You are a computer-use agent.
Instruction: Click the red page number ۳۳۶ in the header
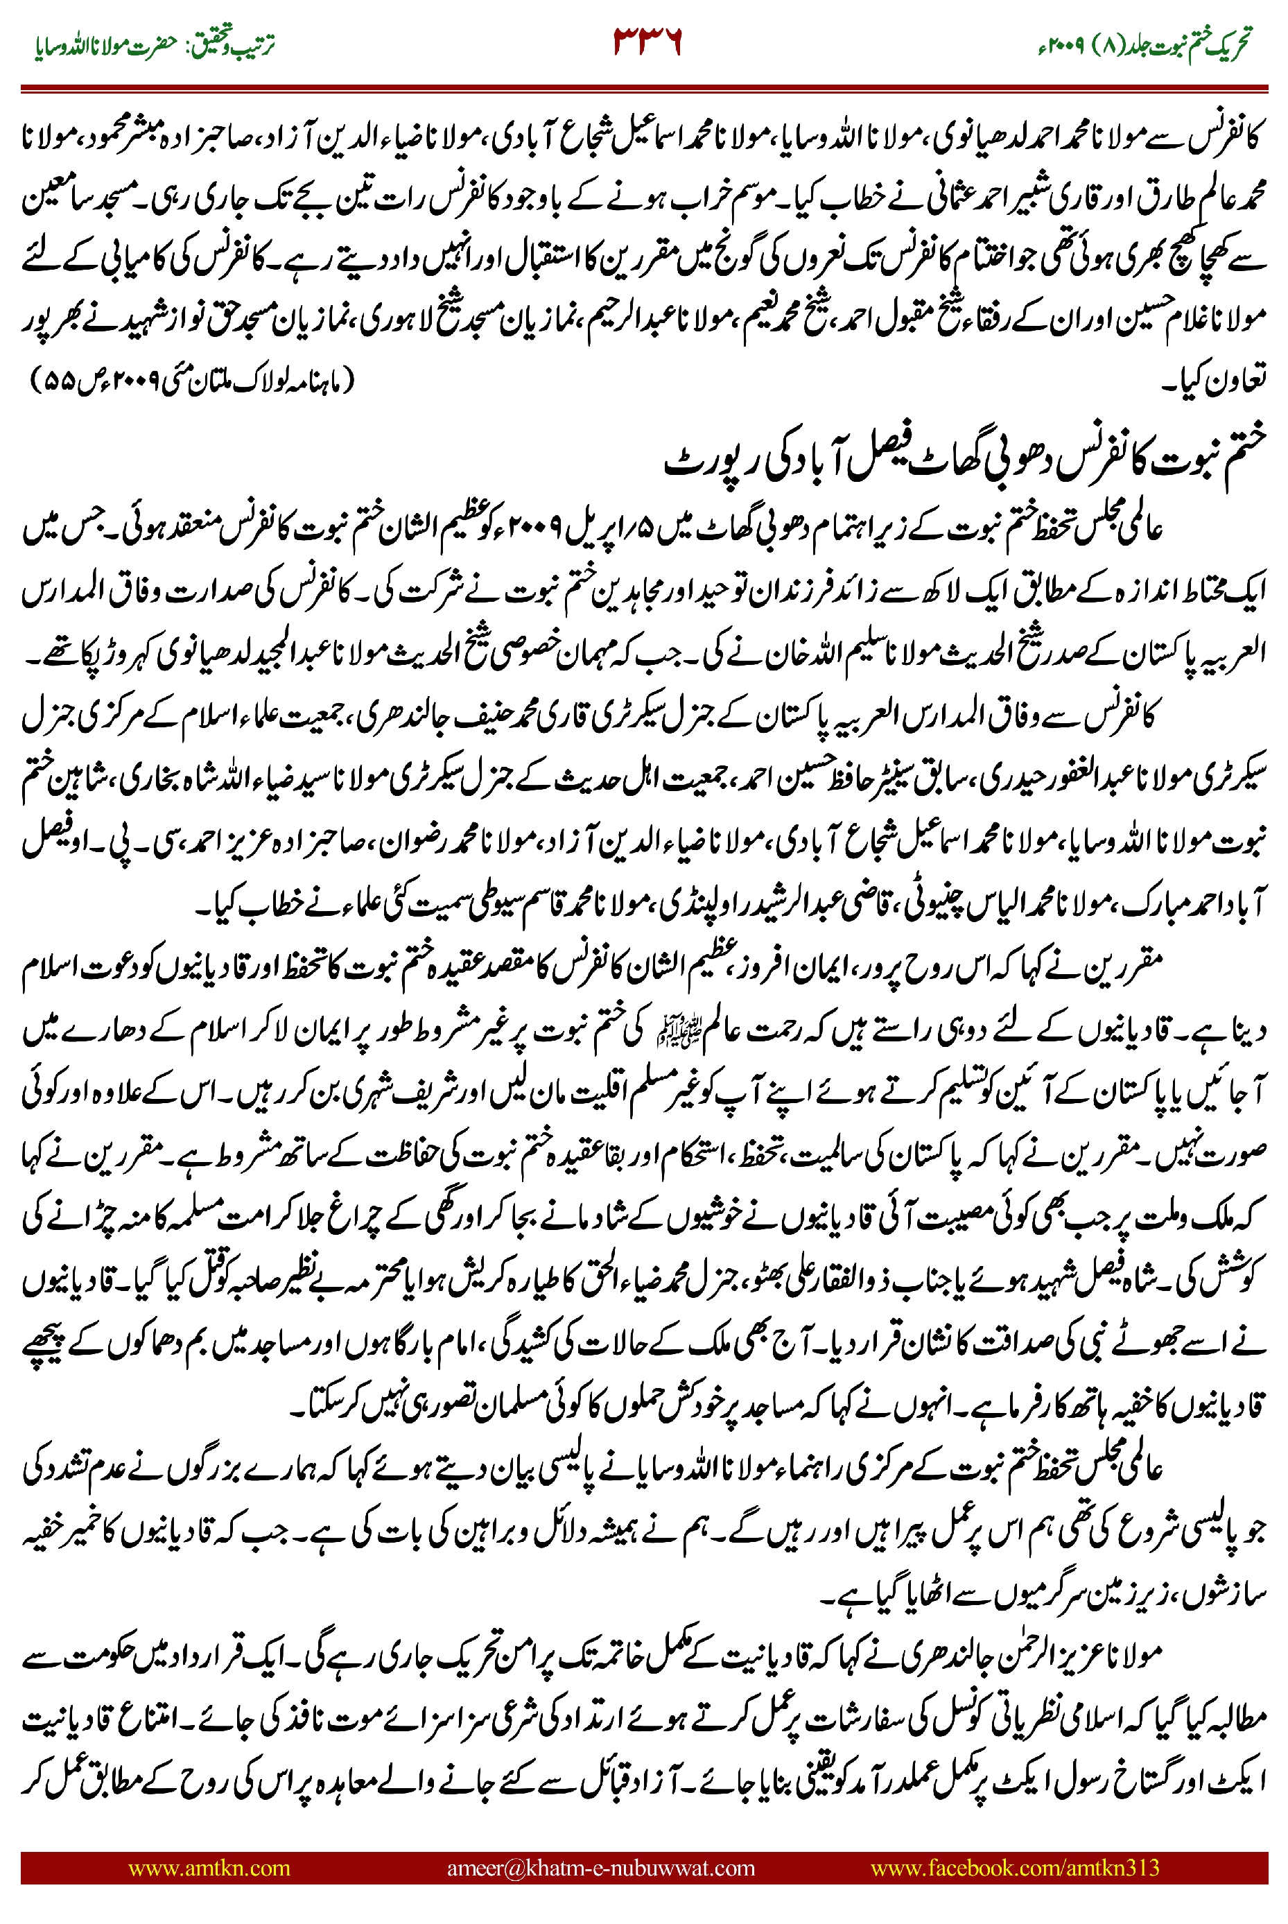click(x=647, y=41)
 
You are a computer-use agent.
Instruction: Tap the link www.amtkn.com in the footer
click(x=209, y=1867)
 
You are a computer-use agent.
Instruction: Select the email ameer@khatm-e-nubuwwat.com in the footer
click(x=600, y=1867)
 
